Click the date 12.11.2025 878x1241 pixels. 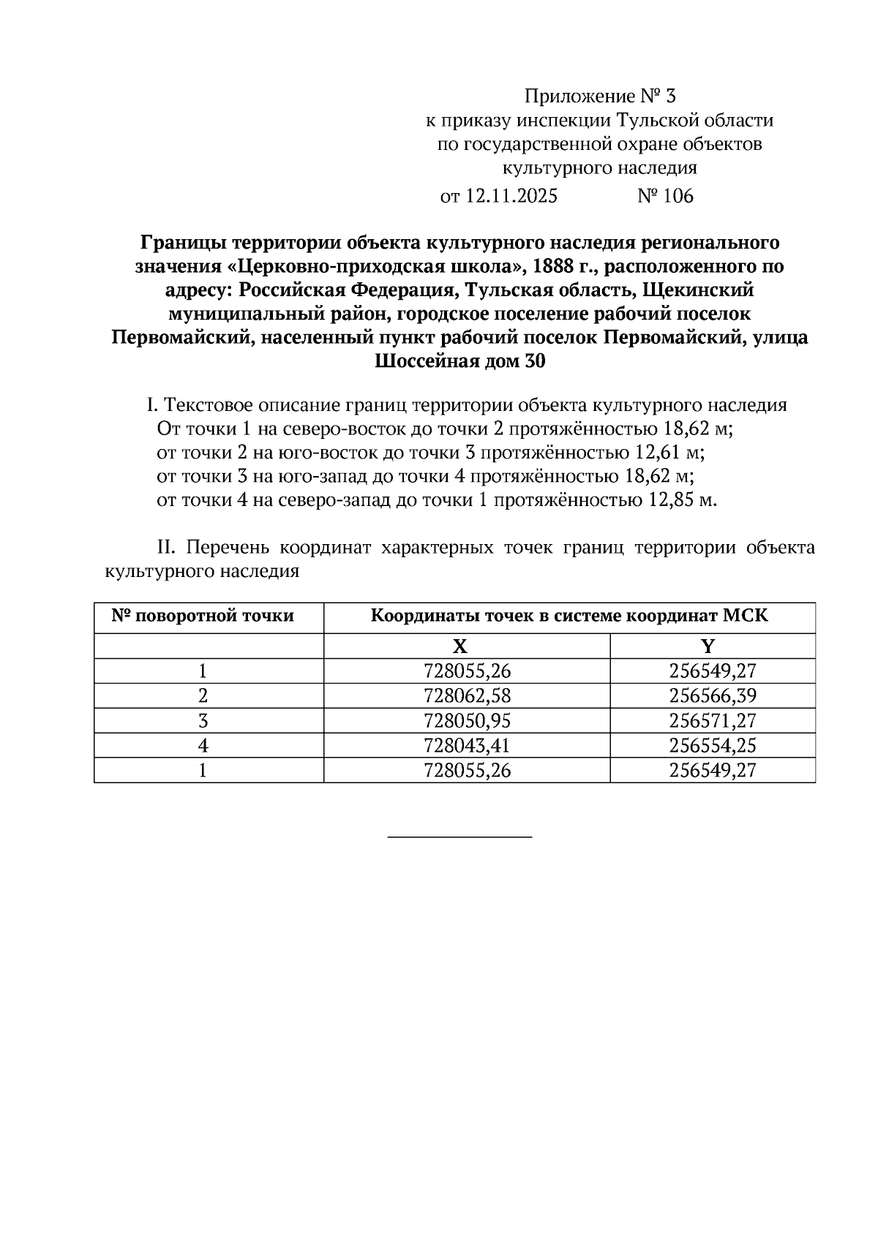[511, 196]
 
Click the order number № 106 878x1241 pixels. [665, 196]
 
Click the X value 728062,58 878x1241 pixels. [467, 696]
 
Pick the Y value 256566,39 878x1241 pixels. [712, 696]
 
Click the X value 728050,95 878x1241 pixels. [467, 721]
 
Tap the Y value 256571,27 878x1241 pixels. [712, 721]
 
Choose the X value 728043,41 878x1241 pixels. [467, 746]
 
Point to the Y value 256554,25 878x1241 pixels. [712, 746]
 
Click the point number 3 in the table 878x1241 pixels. [203, 721]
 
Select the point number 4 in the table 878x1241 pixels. [203, 746]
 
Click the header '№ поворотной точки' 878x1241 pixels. [203, 616]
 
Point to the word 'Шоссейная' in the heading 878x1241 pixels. [424, 362]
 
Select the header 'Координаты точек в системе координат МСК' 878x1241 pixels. [569, 616]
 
